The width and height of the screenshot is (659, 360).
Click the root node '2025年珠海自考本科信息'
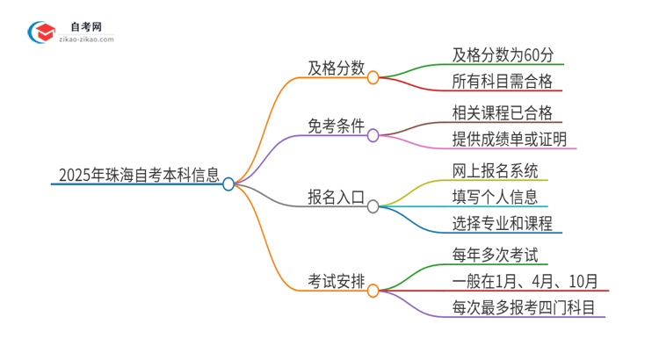coord(139,175)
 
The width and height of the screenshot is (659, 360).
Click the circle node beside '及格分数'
coord(373,77)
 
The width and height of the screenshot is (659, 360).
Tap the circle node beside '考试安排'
coord(373,290)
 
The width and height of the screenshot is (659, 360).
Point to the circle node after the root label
coord(228,184)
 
